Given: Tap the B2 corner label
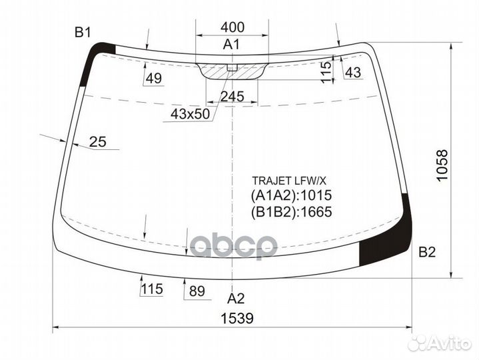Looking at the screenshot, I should (x=426, y=252).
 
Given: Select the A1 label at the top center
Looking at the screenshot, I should (x=231, y=45).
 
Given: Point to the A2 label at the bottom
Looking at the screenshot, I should (x=236, y=298).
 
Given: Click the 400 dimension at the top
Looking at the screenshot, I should (x=232, y=27).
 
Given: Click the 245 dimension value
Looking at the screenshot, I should (x=232, y=97).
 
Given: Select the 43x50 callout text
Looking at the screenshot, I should (x=190, y=114).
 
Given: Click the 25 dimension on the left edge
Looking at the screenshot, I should (x=98, y=141).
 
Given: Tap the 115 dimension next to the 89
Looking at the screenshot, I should (x=152, y=290).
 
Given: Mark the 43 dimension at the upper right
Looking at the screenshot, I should (x=353, y=73).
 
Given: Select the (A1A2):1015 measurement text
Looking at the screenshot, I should (x=291, y=196).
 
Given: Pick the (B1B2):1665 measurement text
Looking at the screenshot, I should (x=291, y=212).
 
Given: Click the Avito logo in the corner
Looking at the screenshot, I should (x=439, y=343).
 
